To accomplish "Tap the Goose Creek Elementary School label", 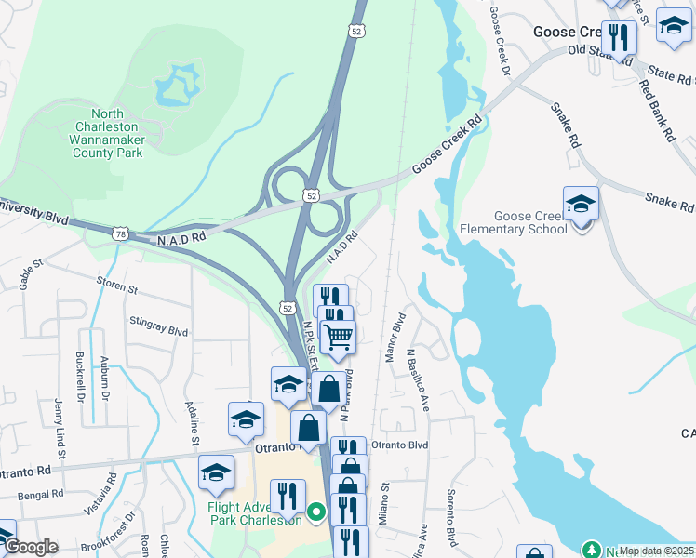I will [513, 222].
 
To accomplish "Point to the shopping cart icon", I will [338, 336].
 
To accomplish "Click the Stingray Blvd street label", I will [159, 330].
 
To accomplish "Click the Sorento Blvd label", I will [452, 517].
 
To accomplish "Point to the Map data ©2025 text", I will [656, 551].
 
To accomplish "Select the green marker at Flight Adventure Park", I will [316, 511].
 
